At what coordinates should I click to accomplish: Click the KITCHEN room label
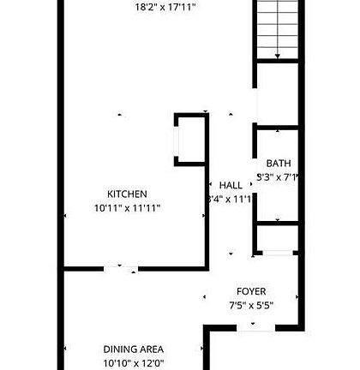[127, 194]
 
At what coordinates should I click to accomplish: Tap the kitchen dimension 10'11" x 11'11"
[127, 207]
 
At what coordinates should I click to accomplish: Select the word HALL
[231, 185]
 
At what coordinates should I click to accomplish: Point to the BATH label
[278, 164]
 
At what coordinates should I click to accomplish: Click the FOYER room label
[251, 291]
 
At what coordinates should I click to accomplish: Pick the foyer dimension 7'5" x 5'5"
[251, 305]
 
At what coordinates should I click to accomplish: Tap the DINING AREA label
[133, 349]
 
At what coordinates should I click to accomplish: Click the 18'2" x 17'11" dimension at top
[166, 8]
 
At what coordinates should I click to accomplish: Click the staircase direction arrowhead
[277, 56]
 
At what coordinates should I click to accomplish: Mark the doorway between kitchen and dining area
[121, 269]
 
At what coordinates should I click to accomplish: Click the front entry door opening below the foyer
[252, 326]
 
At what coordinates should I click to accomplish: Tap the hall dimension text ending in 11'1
[230, 199]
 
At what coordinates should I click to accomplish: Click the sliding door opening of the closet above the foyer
[276, 253]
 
